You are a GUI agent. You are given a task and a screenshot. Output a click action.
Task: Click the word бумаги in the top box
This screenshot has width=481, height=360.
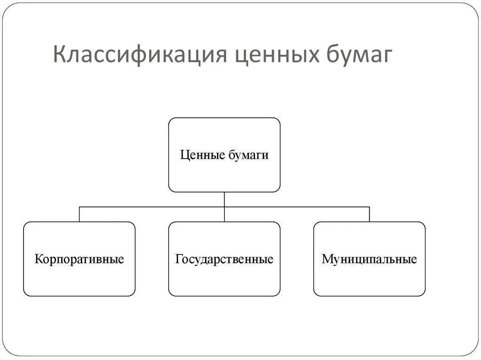tap(248, 155)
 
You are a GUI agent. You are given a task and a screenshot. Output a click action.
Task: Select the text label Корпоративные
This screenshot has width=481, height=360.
tap(79, 259)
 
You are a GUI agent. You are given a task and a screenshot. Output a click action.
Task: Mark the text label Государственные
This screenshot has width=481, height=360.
tap(224, 259)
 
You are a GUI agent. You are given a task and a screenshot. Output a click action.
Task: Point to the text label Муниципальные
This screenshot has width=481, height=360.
tap(369, 259)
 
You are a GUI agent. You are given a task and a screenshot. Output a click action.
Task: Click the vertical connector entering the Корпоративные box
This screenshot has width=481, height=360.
tap(79, 214)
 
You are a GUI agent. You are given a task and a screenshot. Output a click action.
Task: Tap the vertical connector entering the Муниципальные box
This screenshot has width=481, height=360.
tap(369, 214)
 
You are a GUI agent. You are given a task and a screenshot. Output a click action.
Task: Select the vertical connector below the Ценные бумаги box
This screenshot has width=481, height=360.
tap(224, 199)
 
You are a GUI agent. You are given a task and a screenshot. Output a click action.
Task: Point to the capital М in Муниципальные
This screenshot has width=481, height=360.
tap(326, 259)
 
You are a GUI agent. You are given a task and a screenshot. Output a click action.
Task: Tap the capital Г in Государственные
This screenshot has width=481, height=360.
tap(178, 259)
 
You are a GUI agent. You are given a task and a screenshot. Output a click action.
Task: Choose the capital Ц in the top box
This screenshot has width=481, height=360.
tap(184, 155)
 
